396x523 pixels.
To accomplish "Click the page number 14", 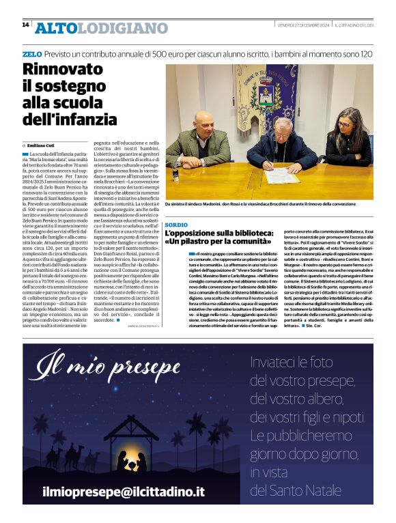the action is click(25, 25).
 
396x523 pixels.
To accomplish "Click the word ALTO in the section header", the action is click(55, 28).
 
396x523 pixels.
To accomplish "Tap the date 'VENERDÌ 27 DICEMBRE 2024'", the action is click(303, 25).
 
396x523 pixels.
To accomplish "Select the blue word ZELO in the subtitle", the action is click(32, 53).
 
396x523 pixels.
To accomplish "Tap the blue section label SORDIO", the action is click(176, 225).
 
